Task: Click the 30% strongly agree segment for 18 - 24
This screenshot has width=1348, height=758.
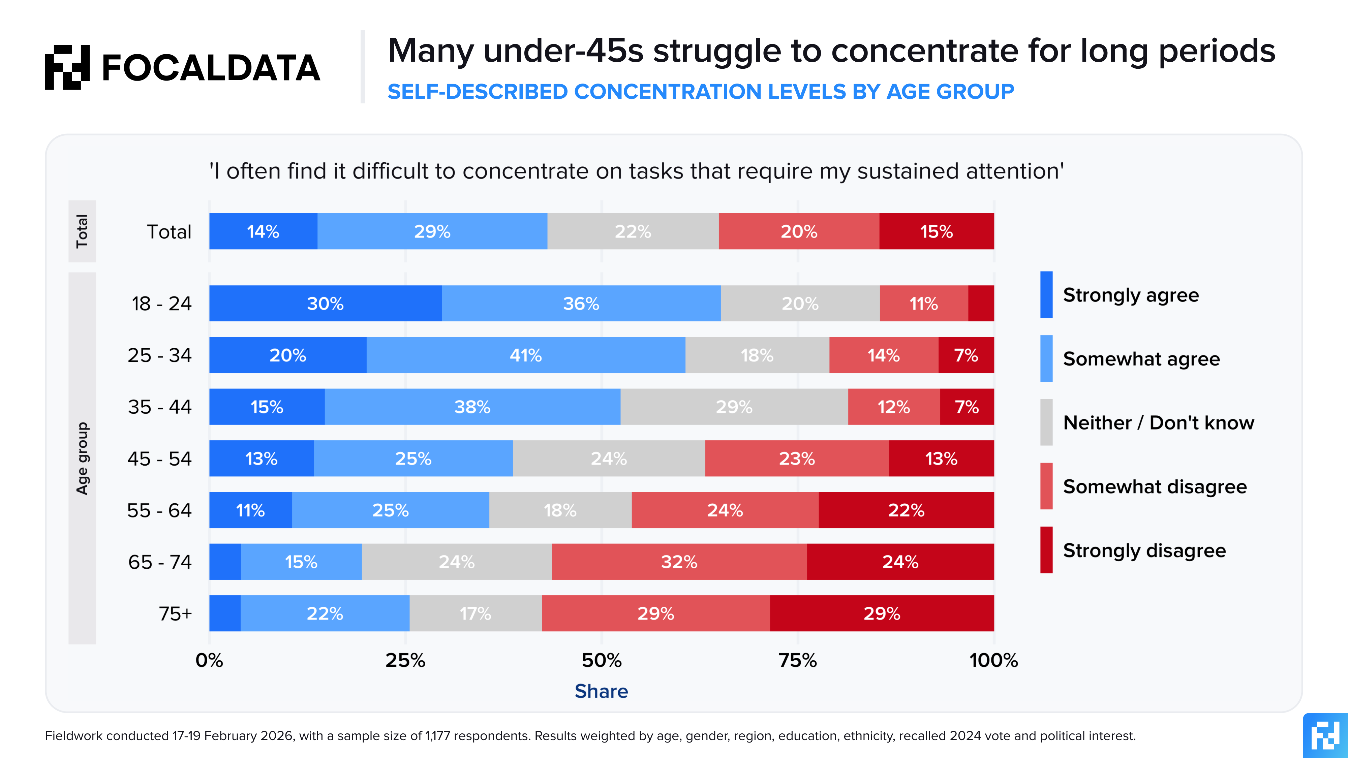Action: (x=326, y=304)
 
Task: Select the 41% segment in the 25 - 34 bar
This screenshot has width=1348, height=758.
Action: (x=526, y=355)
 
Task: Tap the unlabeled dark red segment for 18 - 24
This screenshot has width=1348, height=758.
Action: (x=981, y=304)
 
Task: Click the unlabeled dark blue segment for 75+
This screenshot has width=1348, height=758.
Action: (x=225, y=613)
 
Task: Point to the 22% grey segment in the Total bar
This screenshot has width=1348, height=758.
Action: (x=633, y=231)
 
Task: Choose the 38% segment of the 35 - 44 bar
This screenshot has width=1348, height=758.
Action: (x=472, y=407)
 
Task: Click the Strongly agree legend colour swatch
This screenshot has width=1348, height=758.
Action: (x=1046, y=294)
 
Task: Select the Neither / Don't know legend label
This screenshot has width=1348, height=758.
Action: (x=1159, y=423)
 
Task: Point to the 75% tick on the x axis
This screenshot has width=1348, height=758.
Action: (x=797, y=660)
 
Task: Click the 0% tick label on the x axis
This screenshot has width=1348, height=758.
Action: (x=209, y=660)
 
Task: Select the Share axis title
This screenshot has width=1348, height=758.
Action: (x=601, y=691)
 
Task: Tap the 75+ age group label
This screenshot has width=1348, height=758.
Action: (x=175, y=613)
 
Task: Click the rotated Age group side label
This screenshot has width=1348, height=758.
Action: (x=83, y=458)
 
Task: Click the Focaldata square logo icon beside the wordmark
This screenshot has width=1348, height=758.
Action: (x=67, y=67)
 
